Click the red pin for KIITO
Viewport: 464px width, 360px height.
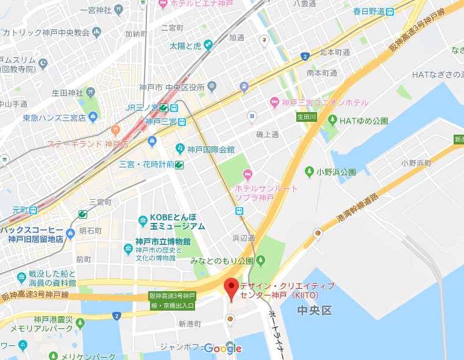click(231, 288)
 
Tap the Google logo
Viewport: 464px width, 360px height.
click(223, 348)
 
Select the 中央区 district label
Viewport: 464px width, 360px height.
click(314, 311)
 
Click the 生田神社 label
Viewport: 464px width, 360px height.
click(67, 93)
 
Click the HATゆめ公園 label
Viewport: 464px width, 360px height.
click(363, 121)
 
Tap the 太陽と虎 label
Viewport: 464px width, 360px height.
click(185, 46)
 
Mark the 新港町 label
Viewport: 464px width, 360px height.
click(190, 324)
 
